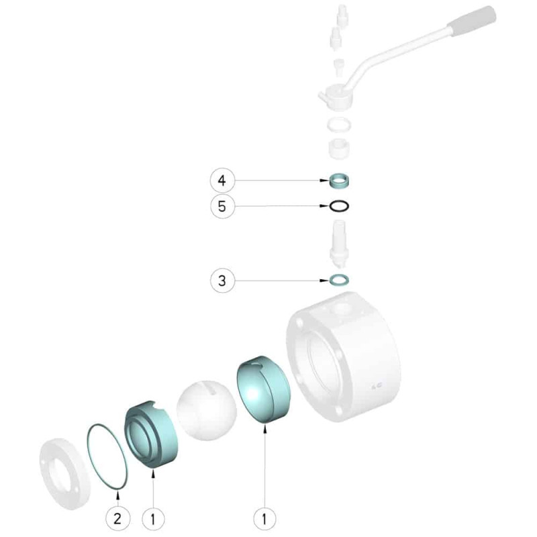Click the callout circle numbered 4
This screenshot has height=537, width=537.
(x=222, y=181)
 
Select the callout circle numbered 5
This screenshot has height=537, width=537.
(x=222, y=207)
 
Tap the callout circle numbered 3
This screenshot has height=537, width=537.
(x=222, y=281)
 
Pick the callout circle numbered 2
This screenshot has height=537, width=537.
(x=117, y=518)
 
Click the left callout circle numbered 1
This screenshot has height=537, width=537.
(x=153, y=518)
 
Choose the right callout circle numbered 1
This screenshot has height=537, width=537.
(x=264, y=518)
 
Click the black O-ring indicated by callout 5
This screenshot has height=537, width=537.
(x=339, y=206)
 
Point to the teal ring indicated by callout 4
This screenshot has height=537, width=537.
(x=339, y=180)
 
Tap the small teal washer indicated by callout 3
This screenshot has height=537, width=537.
(x=339, y=280)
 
